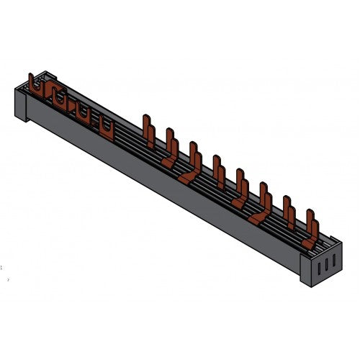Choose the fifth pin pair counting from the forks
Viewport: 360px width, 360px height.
[x=241, y=185]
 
